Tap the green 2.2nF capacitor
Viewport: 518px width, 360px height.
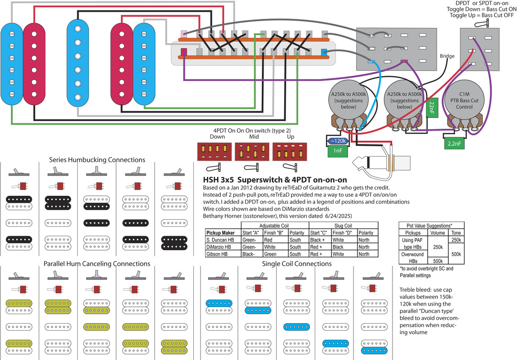point(451,144)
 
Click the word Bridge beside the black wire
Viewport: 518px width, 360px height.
point(447,56)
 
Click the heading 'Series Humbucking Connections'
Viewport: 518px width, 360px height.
point(97,160)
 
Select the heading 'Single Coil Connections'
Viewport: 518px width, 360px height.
point(297,264)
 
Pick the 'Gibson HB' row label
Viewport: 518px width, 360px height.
point(217,254)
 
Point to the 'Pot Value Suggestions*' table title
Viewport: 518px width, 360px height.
point(431,225)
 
